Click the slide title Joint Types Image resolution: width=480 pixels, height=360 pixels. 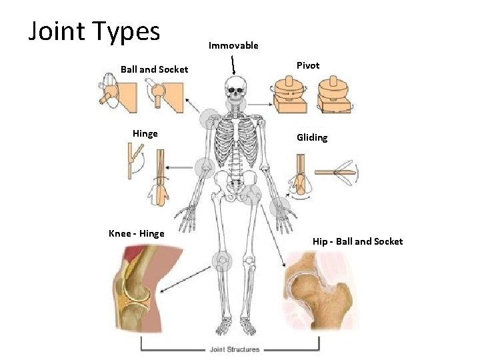point(94,31)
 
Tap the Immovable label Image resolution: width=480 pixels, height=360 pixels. point(233,45)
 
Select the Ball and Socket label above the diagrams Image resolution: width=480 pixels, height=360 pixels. point(154,69)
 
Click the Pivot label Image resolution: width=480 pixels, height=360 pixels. point(308,65)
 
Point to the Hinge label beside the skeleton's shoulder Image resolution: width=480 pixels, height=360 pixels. point(145,133)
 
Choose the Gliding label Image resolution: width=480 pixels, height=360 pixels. point(312,137)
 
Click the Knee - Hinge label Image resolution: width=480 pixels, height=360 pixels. point(136,233)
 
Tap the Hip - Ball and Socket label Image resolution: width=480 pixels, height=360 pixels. point(357,241)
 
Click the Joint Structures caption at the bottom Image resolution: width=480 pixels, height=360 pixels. point(235,349)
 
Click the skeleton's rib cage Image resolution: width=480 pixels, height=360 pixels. point(235,143)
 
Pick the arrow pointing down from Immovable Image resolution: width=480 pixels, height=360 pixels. point(233,65)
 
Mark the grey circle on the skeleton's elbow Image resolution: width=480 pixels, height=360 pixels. point(204,167)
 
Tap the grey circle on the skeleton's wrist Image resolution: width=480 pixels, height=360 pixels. point(279,206)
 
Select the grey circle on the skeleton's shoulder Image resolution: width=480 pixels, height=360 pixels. point(210,117)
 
